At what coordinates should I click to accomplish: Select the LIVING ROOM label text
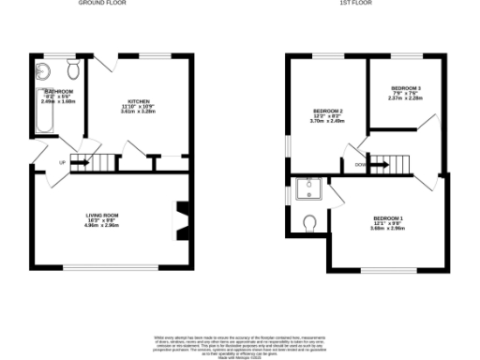(x=104, y=216)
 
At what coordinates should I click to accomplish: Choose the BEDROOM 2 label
(x=327, y=111)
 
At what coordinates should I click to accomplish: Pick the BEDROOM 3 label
(x=405, y=87)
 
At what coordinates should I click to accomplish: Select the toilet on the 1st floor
(x=310, y=222)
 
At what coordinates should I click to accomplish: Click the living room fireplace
(x=183, y=217)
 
